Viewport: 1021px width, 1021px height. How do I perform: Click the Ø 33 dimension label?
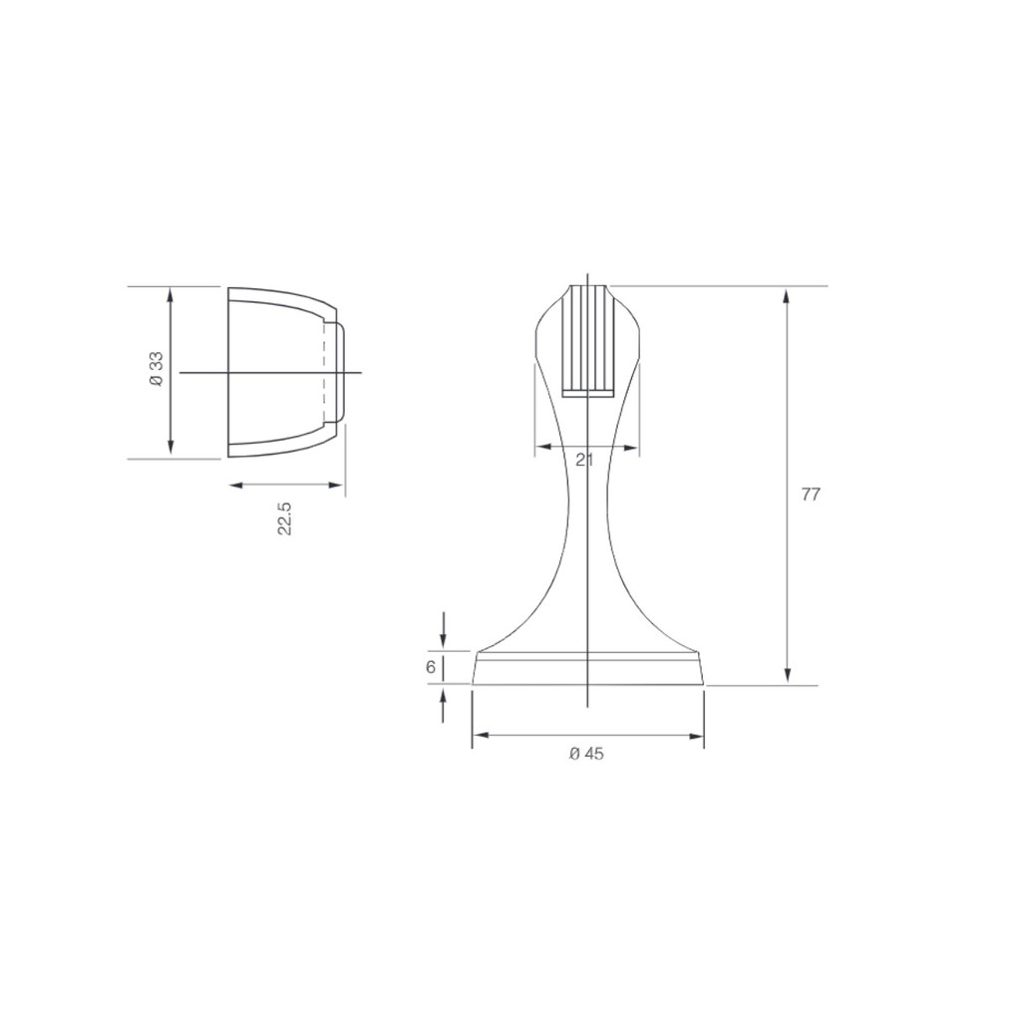157,371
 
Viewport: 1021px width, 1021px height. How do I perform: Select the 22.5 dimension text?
284,518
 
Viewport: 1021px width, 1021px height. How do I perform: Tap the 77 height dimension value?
811,495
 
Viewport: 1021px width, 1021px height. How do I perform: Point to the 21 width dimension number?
584,460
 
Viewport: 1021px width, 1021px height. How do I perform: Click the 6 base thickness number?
431,667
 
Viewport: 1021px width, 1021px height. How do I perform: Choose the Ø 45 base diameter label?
586,754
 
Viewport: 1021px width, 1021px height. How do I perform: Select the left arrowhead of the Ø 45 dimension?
481,736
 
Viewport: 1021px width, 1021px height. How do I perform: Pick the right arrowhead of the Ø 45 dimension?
695,736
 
